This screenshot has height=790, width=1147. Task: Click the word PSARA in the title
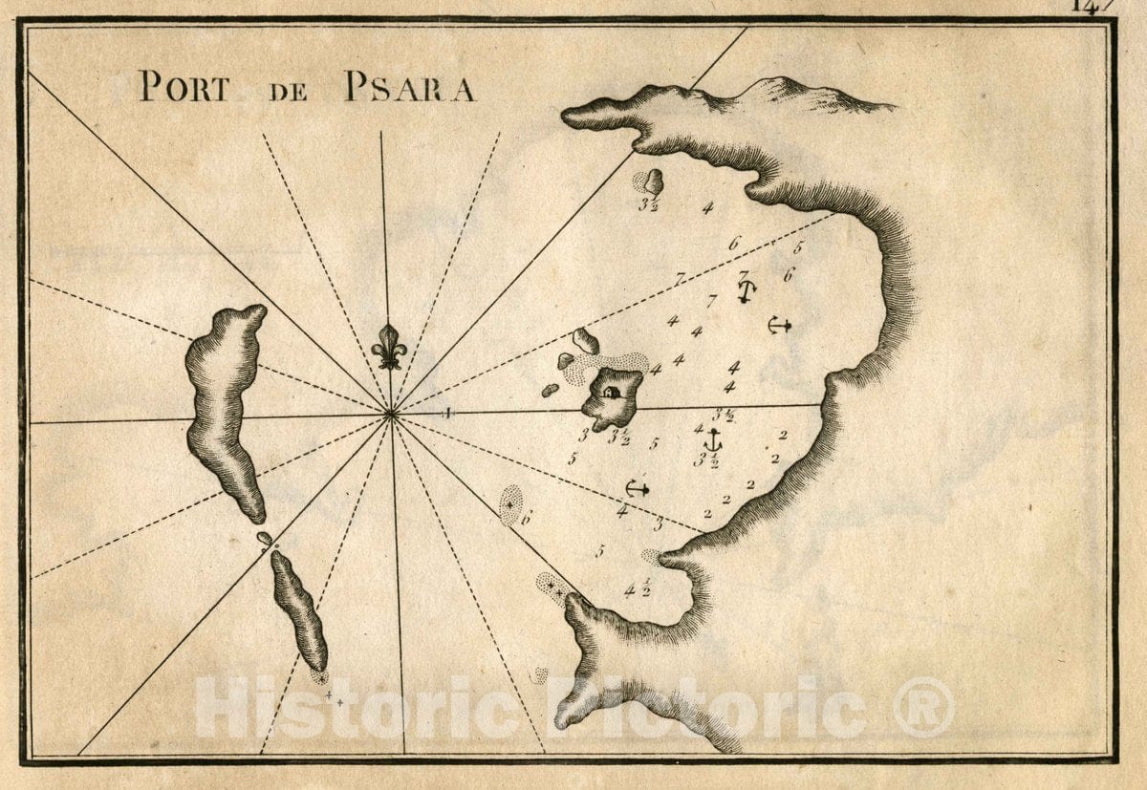[x=408, y=88]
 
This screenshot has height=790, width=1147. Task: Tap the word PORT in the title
[x=184, y=88]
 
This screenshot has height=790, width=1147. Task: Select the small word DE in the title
[x=285, y=91]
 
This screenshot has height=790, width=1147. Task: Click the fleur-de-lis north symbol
[x=389, y=346]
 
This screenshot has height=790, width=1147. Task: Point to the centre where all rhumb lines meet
[x=391, y=414]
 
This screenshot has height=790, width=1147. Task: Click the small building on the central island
[x=612, y=392]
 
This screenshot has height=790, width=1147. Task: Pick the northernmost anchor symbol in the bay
[x=747, y=290]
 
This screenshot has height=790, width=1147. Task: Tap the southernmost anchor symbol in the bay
[x=637, y=488]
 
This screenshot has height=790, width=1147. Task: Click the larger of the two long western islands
[x=226, y=406]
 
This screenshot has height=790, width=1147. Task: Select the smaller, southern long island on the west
[x=299, y=609]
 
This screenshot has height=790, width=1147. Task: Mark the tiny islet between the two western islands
[x=264, y=539]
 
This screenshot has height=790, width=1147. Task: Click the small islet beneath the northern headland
[x=653, y=181]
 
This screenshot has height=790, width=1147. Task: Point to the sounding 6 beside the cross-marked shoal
[x=526, y=518]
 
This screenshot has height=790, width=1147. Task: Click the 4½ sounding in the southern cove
[x=637, y=588]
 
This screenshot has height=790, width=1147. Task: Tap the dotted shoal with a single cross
[x=511, y=504]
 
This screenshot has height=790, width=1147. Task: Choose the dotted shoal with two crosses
[x=553, y=587]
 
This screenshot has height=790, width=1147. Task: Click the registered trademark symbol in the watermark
[x=922, y=708]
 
